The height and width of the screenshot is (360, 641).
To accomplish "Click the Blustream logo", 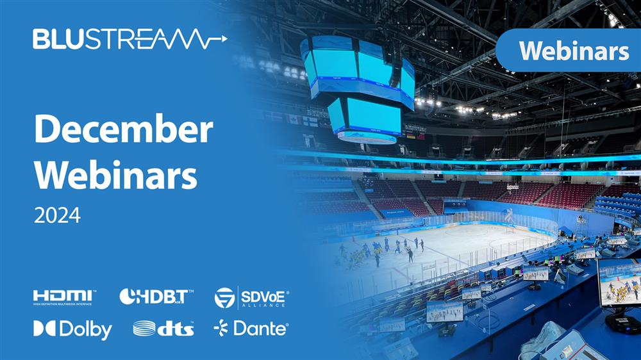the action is point(129,39).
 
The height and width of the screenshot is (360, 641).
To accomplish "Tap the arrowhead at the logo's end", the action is point(224,39).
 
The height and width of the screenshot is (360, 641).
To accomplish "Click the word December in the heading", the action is point(124,128).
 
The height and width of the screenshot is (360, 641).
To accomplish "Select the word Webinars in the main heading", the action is point(115,175).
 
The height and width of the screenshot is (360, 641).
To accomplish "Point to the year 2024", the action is point(57,215).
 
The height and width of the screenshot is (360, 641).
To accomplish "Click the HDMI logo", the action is point(64,297).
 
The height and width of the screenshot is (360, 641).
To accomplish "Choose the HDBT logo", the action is point(156,297).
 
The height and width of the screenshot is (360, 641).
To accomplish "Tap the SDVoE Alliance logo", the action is point(251,298).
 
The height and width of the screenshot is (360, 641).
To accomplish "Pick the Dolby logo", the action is point(72,329).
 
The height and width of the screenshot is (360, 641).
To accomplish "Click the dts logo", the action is point(163,329).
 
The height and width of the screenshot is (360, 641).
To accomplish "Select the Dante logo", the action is point(251,328).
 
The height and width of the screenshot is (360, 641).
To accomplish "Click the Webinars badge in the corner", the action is point(568,51).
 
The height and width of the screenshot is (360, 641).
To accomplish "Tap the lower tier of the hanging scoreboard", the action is point(365,119).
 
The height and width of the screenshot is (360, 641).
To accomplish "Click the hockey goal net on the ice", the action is point(510,229).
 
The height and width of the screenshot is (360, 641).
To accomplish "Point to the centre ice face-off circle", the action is point(467,232).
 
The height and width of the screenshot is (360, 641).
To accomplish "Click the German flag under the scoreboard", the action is point(410,136).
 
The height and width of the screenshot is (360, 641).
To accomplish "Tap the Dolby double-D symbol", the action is point(44,328).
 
